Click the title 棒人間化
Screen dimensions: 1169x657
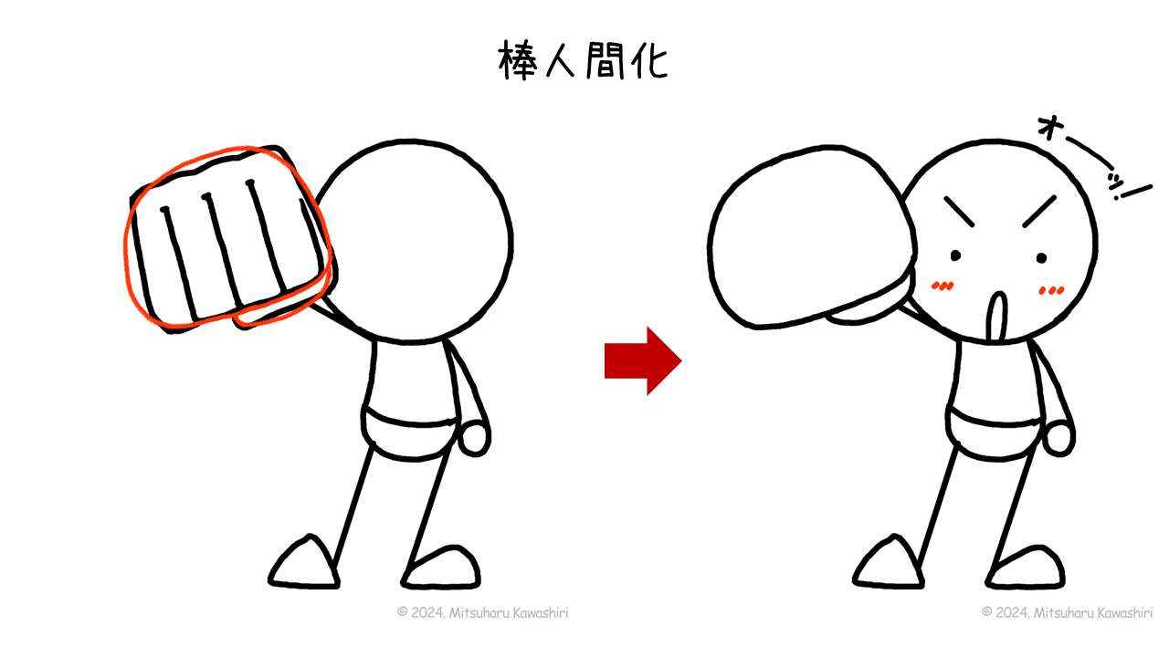pyautogui.click(x=583, y=60)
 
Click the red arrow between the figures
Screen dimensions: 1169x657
pyautogui.click(x=643, y=360)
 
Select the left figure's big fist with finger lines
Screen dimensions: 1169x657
pyautogui.click(x=229, y=239)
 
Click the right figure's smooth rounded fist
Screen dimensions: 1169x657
pyautogui.click(x=812, y=237)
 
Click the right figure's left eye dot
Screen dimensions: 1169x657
pyautogui.click(x=955, y=255)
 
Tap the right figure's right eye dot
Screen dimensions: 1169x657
pyautogui.click(x=1042, y=257)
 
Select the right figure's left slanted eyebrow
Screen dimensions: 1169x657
pyautogui.click(x=959, y=212)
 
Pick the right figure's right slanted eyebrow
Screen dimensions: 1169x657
pyautogui.click(x=1039, y=212)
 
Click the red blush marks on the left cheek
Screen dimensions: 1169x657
pyautogui.click(x=943, y=286)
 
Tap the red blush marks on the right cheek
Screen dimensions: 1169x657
pyautogui.click(x=1051, y=290)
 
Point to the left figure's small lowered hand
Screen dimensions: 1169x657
pyautogui.click(x=474, y=439)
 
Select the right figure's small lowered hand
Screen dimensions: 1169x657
pyautogui.click(x=1058, y=439)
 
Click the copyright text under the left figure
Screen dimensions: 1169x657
pyautogui.click(x=483, y=612)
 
